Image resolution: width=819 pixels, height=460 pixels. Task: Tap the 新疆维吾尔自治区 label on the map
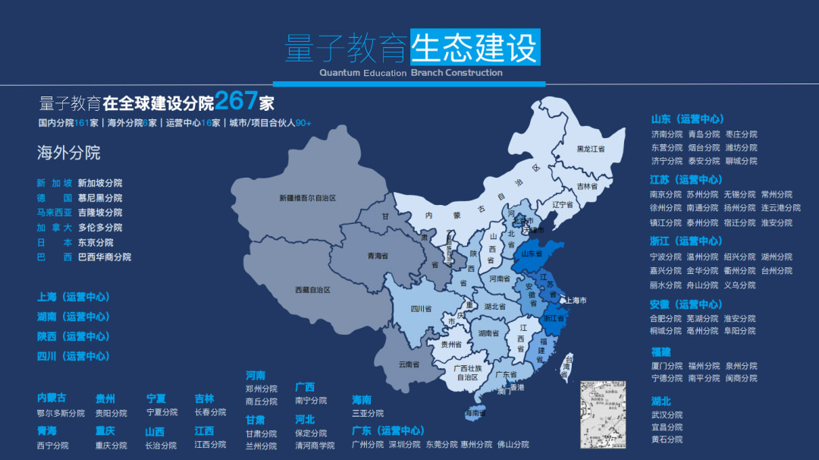tap(307, 198)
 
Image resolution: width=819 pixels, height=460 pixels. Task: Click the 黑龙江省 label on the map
tap(591, 149)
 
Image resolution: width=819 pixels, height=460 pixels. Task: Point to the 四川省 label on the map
tap(421, 309)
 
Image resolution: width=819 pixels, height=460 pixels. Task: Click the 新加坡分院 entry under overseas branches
tap(99, 183)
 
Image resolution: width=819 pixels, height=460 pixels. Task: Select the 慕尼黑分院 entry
tap(99, 198)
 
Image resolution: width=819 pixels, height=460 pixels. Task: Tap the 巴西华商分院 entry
tap(105, 257)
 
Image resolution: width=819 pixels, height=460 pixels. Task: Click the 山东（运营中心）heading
tap(688, 119)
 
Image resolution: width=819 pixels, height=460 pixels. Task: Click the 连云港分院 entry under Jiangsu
tap(780, 208)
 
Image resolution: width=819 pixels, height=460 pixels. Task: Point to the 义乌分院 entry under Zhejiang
tap(739, 285)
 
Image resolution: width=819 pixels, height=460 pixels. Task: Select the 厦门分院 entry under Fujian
tap(667, 366)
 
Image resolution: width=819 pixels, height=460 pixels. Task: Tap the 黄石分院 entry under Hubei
tap(667, 440)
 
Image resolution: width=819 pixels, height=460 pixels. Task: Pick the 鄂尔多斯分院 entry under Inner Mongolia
tap(61, 413)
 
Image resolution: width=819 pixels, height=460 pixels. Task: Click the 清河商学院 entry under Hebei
tap(315, 446)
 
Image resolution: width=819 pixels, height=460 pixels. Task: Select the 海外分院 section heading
tap(69, 153)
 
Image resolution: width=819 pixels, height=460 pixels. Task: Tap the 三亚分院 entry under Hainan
tap(368, 413)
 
